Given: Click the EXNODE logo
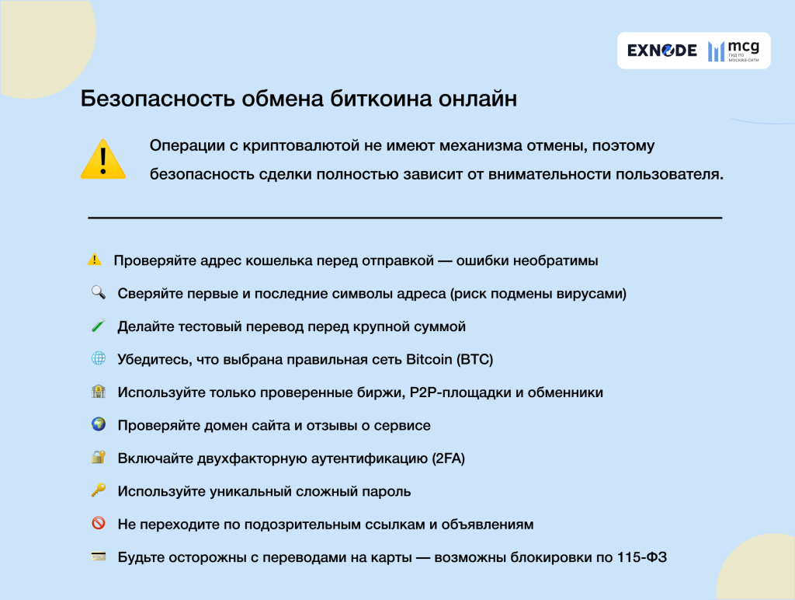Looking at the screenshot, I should pyautogui.click(x=661, y=51).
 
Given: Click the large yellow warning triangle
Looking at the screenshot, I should pyautogui.click(x=102, y=159).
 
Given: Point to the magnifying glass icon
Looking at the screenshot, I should pyautogui.click(x=98, y=293).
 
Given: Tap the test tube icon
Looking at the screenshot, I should pyautogui.click(x=98, y=326).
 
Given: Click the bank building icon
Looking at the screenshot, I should pyautogui.click(x=98, y=392).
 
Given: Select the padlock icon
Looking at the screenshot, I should pyautogui.click(x=98, y=458).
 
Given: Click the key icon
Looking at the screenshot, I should pyautogui.click(x=98, y=490).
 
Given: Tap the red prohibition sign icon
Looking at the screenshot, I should pyautogui.click(x=98, y=524).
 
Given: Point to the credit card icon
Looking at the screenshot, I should pyautogui.click(x=98, y=556).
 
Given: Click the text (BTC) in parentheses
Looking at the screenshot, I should pyautogui.click(x=475, y=360).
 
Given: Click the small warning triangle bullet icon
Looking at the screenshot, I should pyautogui.click(x=95, y=260).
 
